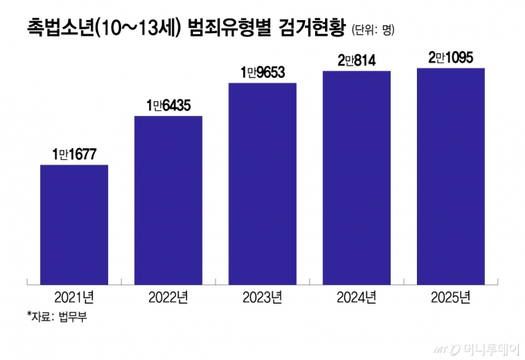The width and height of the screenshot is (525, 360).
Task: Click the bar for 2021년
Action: [x=73, y=221]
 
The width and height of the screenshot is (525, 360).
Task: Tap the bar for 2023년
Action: [x=262, y=179]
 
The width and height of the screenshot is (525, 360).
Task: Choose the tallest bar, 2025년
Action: [x=451, y=172]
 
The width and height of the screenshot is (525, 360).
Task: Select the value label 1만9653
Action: [x=262, y=72]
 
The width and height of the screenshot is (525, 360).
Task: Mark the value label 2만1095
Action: [x=451, y=57]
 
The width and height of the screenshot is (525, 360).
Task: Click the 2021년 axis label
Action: [x=74, y=297]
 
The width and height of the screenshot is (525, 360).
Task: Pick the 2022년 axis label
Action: [x=168, y=297]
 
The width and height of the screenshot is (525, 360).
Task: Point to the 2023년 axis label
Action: [x=262, y=297]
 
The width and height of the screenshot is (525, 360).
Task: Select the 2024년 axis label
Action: [x=357, y=297]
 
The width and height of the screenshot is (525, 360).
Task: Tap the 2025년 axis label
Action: [x=451, y=297]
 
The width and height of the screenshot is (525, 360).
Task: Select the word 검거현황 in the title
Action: [x=313, y=29]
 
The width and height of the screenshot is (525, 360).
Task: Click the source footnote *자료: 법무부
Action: [x=56, y=317]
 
